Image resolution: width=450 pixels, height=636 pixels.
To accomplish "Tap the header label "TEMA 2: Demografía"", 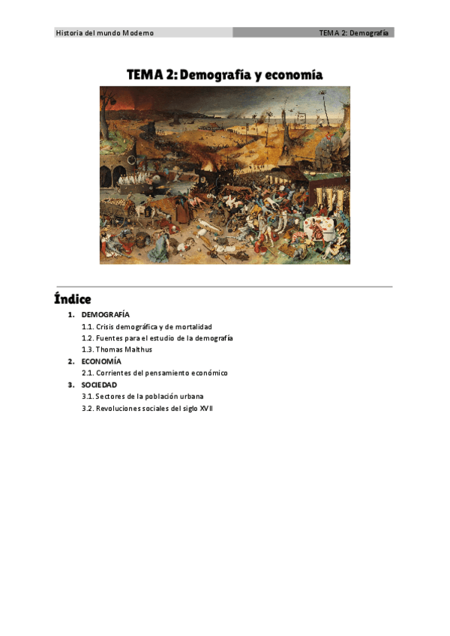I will pos(353,33).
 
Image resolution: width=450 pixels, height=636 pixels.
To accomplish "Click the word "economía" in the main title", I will pos(291,75).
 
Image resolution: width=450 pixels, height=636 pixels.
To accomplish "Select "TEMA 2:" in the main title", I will pos(152,75).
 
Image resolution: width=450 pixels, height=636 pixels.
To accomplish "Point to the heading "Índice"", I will pos(72,299).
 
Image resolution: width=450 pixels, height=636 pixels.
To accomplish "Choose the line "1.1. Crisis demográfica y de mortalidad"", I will pos(147,327).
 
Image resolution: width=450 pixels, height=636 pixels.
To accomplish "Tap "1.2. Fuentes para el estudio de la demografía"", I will pos(157,338).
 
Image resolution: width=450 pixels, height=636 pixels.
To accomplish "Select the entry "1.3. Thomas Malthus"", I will pos(116,349).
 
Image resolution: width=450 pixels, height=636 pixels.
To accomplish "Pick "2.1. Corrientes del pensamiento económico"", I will pos(154,373).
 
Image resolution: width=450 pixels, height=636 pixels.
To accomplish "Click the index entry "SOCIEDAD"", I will pos(99,385).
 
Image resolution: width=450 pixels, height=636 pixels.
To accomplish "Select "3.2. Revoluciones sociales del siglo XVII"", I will pos(148,408).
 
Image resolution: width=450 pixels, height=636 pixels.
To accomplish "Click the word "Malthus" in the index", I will pos(138,349).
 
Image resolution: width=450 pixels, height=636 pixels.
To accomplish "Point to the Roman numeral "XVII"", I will pos(206,408).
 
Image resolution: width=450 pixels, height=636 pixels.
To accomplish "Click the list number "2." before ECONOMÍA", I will pos(72,361).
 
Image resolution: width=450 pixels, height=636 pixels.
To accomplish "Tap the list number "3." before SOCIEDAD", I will pos(72,385).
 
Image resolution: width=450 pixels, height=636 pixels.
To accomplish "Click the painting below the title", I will pos(224,175).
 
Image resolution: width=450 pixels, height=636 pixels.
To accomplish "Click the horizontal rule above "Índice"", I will pos(224,286).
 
